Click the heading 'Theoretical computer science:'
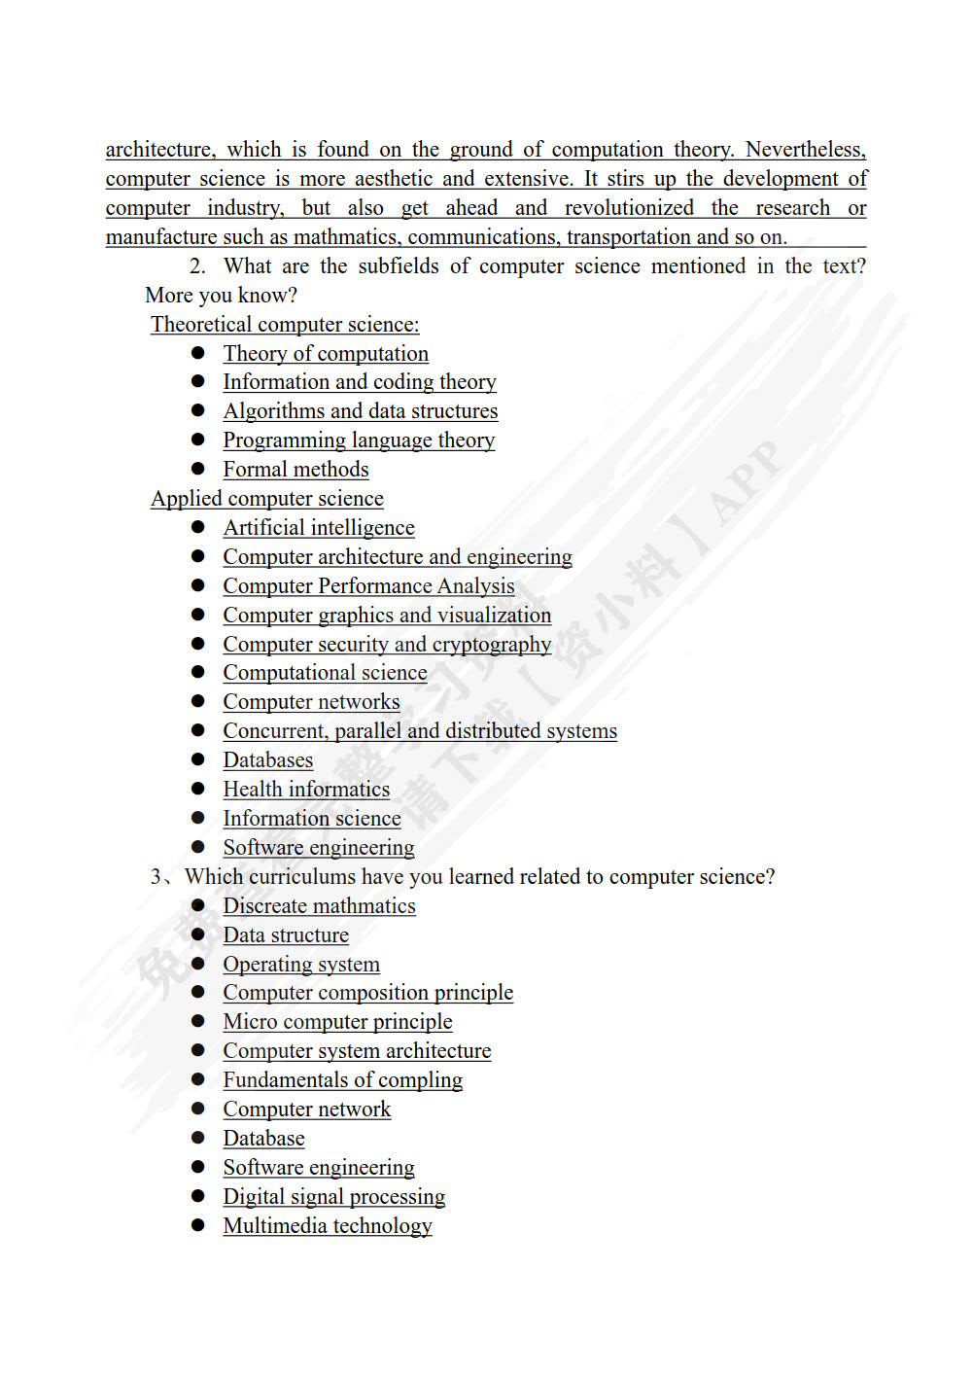pyautogui.click(x=285, y=325)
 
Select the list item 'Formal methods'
pyautogui.click(x=295, y=470)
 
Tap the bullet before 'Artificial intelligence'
pyautogui.click(x=198, y=527)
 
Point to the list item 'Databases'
pyautogui.click(x=267, y=760)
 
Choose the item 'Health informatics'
pyautogui.click(x=306, y=790)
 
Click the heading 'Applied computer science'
pyautogui.click(x=267, y=499)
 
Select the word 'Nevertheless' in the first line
pyautogui.click(x=804, y=150)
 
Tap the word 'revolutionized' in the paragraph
pyautogui.click(x=629, y=208)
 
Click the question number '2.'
pyautogui.click(x=197, y=266)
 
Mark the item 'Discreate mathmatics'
pyautogui.click(x=319, y=906)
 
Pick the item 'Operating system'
pyautogui.click(x=301, y=965)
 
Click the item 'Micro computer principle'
pyautogui.click(x=337, y=1022)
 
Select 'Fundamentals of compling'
pyautogui.click(x=342, y=1080)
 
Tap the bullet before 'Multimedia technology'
pyautogui.click(x=198, y=1225)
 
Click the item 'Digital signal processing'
pyautogui.click(x=333, y=1197)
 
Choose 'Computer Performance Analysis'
pyautogui.click(x=368, y=586)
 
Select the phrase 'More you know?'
pyautogui.click(x=221, y=296)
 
